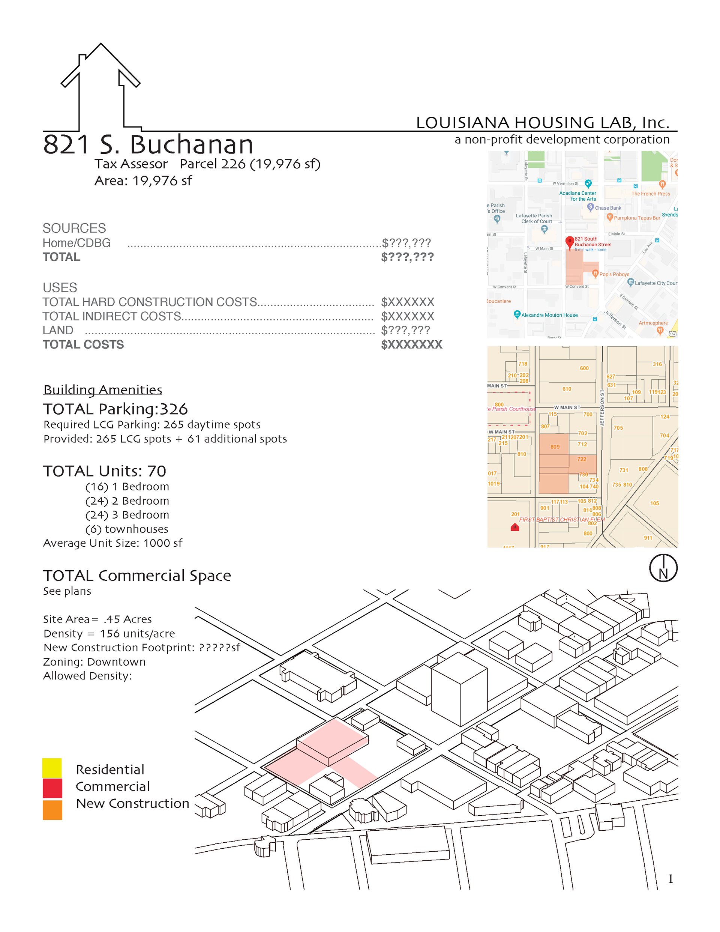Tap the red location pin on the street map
point(569,242)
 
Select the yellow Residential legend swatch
point(52,768)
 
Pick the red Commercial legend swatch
point(52,788)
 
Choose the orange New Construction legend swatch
point(52,810)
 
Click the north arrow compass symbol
point(663,568)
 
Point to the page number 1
point(670,879)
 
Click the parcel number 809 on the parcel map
point(555,447)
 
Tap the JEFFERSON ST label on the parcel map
point(602,407)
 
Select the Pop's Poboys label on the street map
point(614,274)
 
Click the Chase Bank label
point(608,208)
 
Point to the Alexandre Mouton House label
point(549,316)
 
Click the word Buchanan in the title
point(192,145)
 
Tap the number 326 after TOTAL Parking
point(174,409)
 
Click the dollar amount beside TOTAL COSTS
point(412,345)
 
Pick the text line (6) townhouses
point(127,529)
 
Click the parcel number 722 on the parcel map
point(581,459)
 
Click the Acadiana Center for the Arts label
point(577,196)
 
